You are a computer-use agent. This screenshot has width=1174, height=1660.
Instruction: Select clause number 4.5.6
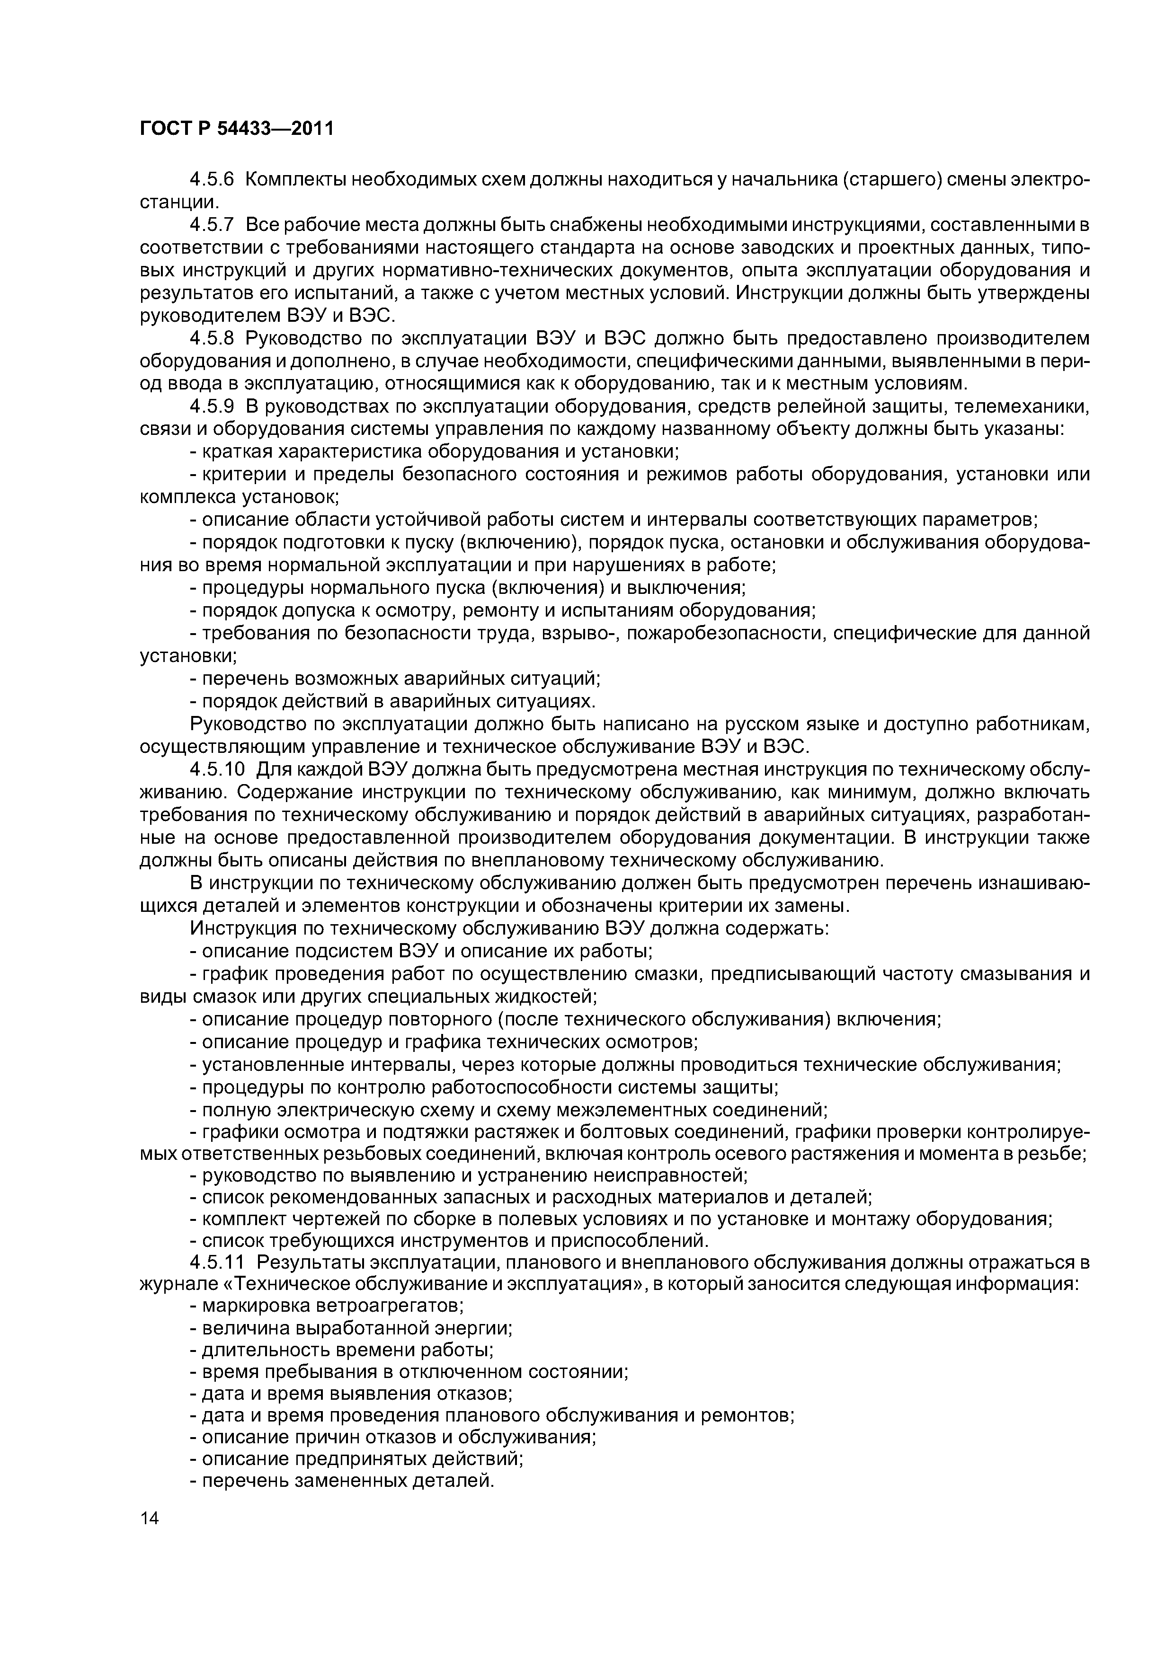coord(213,179)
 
